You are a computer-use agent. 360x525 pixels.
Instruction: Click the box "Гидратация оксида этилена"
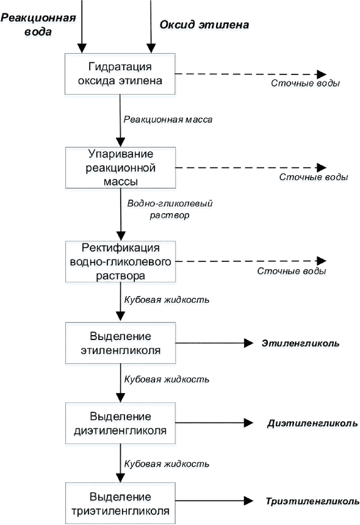pyautogui.click(x=120, y=74)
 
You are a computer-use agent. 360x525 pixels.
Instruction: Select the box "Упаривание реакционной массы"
pyautogui.click(x=120, y=167)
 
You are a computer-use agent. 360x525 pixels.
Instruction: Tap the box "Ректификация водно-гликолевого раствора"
pyautogui.click(x=120, y=261)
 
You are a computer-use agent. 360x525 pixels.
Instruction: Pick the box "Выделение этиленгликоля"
pyautogui.click(x=120, y=343)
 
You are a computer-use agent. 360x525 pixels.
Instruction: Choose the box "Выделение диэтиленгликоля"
pyautogui.click(x=120, y=423)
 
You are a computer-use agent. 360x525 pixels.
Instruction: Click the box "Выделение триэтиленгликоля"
pyautogui.click(x=120, y=503)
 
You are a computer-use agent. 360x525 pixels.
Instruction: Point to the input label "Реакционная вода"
pyautogui.click(x=38, y=24)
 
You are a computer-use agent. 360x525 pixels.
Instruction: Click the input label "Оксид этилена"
pyautogui.click(x=204, y=25)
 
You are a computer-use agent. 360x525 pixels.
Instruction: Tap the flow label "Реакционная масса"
pyautogui.click(x=168, y=120)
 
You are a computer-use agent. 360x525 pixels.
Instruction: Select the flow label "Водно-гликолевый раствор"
pyautogui.click(x=170, y=209)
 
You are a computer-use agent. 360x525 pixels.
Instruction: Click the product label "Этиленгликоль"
pyautogui.click(x=300, y=343)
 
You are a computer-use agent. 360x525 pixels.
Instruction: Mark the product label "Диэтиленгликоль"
pyautogui.click(x=312, y=423)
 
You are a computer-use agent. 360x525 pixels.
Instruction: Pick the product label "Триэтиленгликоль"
pyautogui.click(x=312, y=501)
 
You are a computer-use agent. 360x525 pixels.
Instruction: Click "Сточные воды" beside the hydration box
pyautogui.click(x=305, y=83)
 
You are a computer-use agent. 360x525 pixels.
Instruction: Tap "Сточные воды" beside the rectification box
pyautogui.click(x=292, y=271)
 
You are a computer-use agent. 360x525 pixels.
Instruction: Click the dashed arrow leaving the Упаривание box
pyautogui.click(x=251, y=167)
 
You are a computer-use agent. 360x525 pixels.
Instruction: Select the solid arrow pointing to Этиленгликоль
pyautogui.click(x=214, y=343)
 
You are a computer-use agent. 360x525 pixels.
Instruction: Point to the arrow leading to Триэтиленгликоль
pyautogui.click(x=214, y=501)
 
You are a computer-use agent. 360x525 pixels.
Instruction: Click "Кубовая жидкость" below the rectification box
pyautogui.click(x=167, y=300)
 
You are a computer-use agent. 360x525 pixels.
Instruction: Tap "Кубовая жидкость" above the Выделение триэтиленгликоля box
pyautogui.click(x=167, y=464)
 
